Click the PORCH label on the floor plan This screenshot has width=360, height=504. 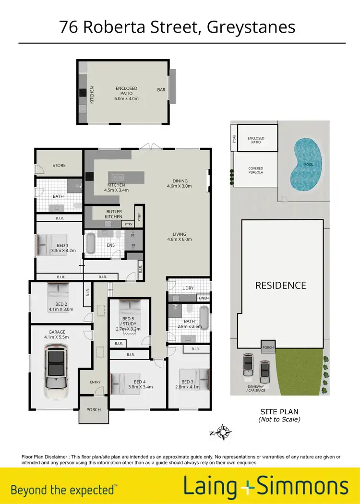click(x=94, y=410)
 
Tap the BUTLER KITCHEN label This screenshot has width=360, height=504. click(x=114, y=214)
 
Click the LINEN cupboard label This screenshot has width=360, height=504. click(x=204, y=298)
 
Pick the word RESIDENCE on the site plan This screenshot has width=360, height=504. click(x=281, y=285)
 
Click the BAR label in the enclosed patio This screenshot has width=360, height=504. click(x=161, y=90)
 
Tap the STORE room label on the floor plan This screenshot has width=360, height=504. click(x=59, y=166)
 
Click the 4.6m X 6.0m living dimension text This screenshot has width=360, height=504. click(x=179, y=239)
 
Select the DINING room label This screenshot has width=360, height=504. click(x=180, y=181)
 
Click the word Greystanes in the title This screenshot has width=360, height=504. click(x=251, y=27)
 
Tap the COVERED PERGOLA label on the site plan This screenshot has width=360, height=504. click(x=255, y=170)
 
